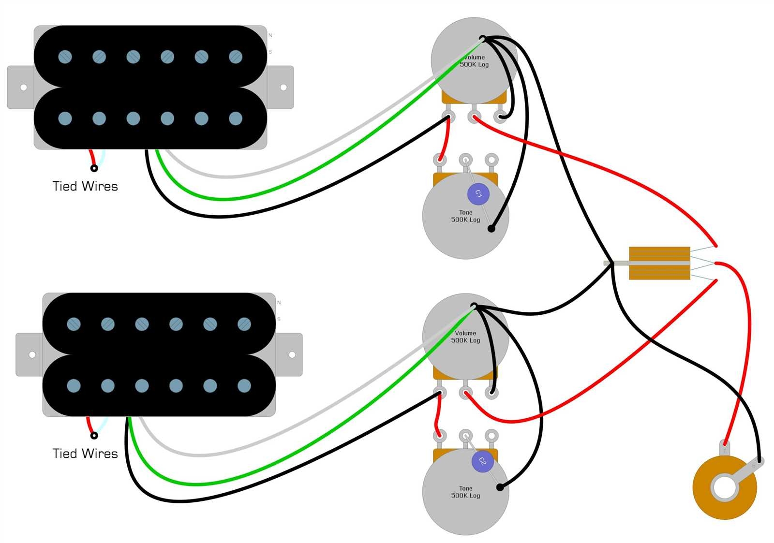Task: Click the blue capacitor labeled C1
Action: click(x=478, y=194)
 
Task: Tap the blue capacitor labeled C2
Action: click(x=482, y=461)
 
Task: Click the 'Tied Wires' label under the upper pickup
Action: click(x=85, y=186)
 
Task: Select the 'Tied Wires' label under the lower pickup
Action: click(x=85, y=454)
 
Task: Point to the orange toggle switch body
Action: click(x=659, y=263)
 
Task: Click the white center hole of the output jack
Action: click(x=724, y=487)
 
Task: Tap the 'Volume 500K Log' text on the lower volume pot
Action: click(x=465, y=337)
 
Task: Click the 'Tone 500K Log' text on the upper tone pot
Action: click(x=465, y=216)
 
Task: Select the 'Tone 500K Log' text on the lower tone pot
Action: click(x=465, y=492)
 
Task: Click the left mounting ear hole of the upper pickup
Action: click(x=23, y=88)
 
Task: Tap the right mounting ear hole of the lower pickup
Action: click(x=292, y=355)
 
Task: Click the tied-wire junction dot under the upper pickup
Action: click(x=94, y=168)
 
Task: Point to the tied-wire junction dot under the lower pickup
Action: click(x=94, y=436)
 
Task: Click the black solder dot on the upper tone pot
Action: click(x=491, y=229)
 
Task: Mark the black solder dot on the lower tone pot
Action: click(x=500, y=487)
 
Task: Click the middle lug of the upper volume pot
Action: click(x=474, y=117)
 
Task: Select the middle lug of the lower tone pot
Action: click(x=465, y=435)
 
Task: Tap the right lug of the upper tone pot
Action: click(x=491, y=159)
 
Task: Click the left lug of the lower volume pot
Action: click(x=440, y=392)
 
